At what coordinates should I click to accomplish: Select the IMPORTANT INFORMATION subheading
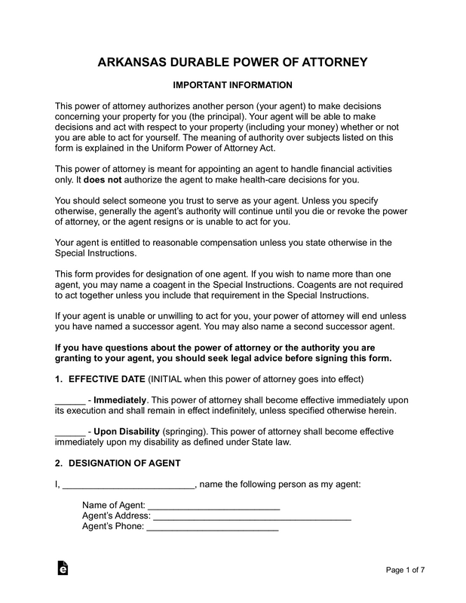[x=233, y=85]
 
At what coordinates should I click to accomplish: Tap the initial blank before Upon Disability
[x=70, y=431]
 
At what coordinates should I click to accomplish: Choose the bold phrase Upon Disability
[x=127, y=431]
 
